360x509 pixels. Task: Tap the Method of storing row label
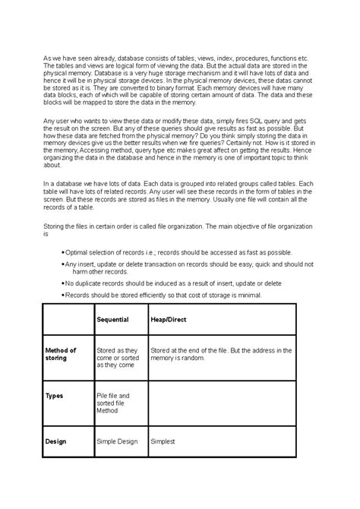point(61,354)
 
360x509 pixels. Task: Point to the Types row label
point(55,396)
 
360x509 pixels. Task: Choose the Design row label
point(56,440)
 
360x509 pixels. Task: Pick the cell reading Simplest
point(163,440)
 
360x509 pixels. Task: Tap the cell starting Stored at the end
point(220,354)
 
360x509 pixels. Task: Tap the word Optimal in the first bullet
point(81,251)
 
